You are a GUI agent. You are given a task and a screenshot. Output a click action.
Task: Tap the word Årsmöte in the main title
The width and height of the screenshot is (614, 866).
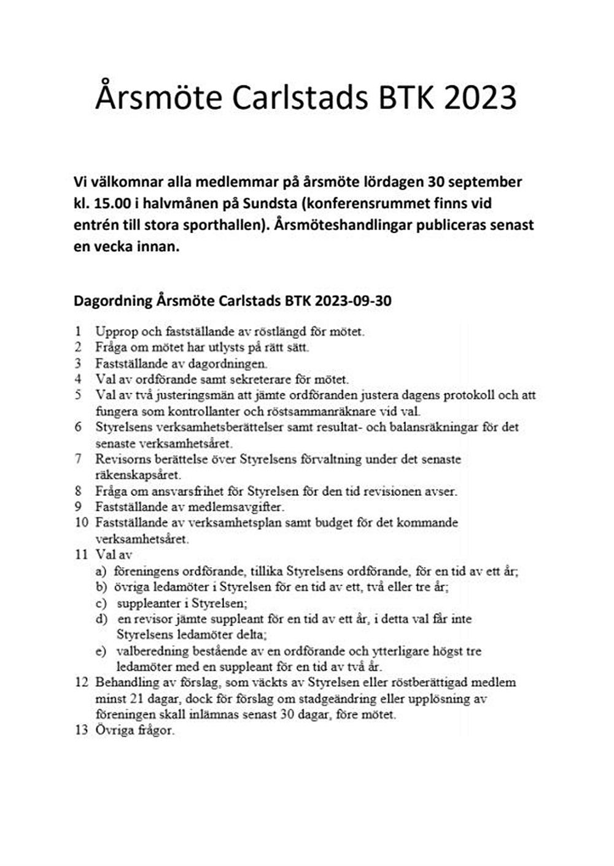158,98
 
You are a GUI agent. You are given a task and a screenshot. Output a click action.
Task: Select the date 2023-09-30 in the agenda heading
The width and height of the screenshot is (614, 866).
353,301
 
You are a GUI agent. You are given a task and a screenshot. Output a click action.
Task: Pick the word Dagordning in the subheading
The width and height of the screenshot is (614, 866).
113,301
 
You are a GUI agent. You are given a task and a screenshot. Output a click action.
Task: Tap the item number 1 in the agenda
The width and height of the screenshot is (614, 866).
78,331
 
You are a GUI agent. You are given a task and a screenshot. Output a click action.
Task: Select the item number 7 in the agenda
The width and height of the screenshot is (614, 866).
78,459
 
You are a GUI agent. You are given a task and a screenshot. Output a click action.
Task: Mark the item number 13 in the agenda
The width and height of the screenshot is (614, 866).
81,730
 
